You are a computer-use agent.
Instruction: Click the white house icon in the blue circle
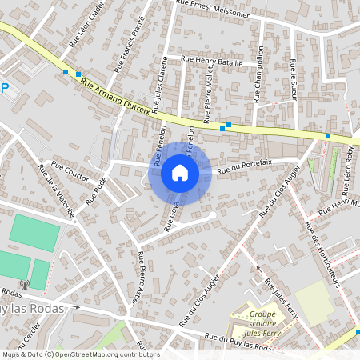pos(180,172)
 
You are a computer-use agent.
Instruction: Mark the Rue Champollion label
pos(258,79)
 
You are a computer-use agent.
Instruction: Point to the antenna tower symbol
pos(24,284)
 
